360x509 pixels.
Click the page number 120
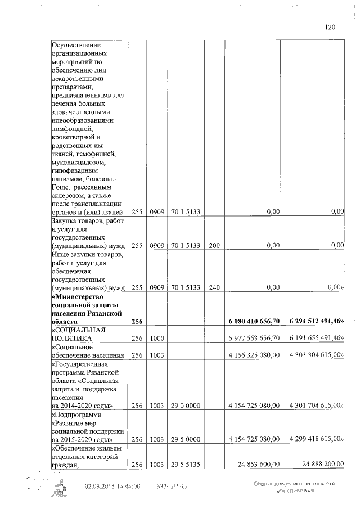pyautogui.click(x=330, y=27)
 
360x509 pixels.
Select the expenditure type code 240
pyautogui.click(x=214, y=287)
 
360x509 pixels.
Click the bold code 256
pyautogui.click(x=137, y=321)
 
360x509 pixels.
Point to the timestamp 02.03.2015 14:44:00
pyautogui.click(x=112, y=485)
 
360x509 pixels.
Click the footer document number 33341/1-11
pyautogui.click(x=172, y=485)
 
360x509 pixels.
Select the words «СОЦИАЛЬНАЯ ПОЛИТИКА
pyautogui.click(x=79, y=335)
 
